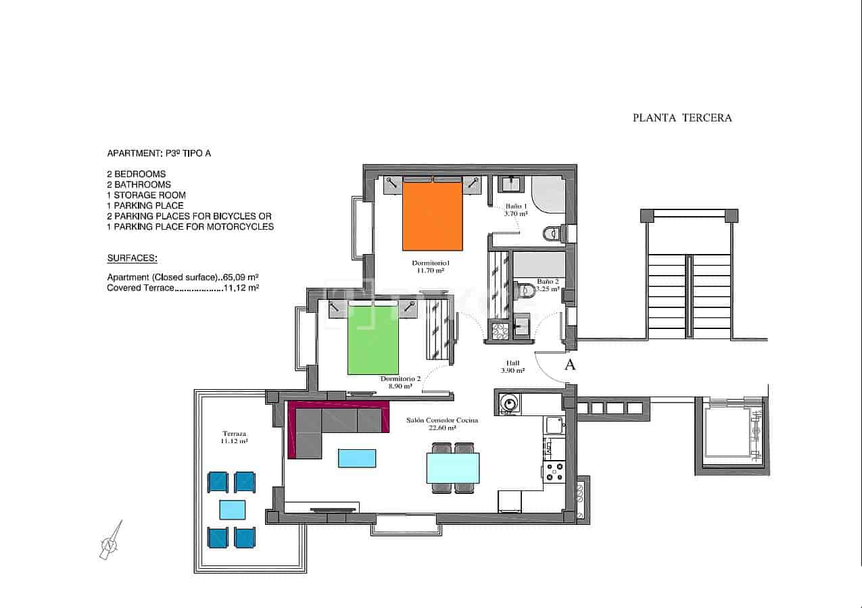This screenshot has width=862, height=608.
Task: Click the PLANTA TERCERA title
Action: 681,118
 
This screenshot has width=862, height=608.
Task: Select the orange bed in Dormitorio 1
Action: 433,216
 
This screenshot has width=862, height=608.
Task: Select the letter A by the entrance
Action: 570,365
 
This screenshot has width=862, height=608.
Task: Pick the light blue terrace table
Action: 233,509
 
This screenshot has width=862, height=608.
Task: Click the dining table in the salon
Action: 452,467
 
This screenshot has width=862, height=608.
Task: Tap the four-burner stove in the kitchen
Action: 554,471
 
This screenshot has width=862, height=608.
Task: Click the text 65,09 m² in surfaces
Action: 241,277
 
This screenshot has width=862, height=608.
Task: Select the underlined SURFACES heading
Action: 132,258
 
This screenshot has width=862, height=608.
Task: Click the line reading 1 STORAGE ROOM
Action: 146,195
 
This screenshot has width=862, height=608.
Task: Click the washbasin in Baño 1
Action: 510,184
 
